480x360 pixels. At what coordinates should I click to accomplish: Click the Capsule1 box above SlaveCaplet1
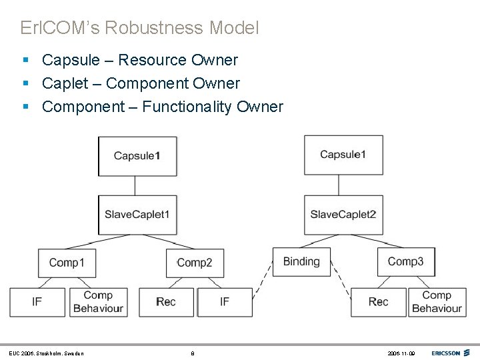coord(137,156)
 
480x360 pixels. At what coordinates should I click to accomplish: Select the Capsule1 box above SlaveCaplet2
coord(343,155)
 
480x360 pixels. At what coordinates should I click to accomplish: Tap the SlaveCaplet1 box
coord(137,215)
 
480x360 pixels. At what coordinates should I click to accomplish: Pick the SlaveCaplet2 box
coord(343,215)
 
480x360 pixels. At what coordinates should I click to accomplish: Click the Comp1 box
coord(67,263)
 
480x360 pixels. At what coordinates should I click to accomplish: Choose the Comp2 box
coord(195,263)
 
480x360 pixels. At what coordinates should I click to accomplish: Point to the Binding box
coord(301,261)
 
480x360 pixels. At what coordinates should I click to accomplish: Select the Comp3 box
coord(405,261)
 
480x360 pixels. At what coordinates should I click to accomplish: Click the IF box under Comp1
coord(37,302)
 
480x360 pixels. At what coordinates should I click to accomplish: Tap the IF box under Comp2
coord(225,302)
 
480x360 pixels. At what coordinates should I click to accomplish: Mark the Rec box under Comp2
coord(166,302)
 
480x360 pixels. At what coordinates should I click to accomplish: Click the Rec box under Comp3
coord(378,302)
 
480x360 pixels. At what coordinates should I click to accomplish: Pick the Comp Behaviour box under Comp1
coord(98,302)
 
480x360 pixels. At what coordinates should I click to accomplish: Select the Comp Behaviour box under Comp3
coord(437,302)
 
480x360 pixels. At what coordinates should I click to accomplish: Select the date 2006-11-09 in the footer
coord(400,353)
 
